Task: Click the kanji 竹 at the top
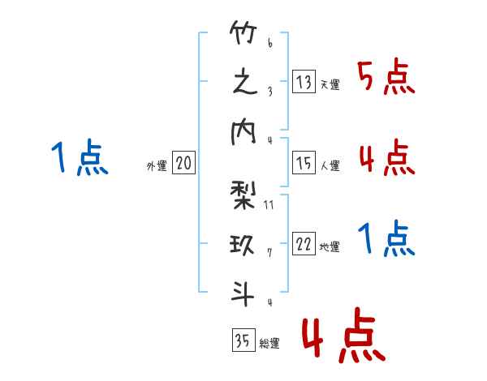[x=243, y=32]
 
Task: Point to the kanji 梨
[x=243, y=195]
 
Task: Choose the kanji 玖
[x=242, y=245]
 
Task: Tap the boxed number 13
[x=304, y=82]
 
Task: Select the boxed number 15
[x=304, y=163]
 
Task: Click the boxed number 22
[x=304, y=244]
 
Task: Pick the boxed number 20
[x=183, y=163]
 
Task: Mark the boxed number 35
[x=243, y=340]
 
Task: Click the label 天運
[x=330, y=84]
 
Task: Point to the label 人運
[x=330, y=165]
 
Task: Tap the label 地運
[x=330, y=246]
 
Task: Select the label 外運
[x=157, y=166]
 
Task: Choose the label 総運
[x=269, y=343]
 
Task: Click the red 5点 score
[x=386, y=77]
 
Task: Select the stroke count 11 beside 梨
[x=269, y=205]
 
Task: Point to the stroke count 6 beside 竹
[x=270, y=43]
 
